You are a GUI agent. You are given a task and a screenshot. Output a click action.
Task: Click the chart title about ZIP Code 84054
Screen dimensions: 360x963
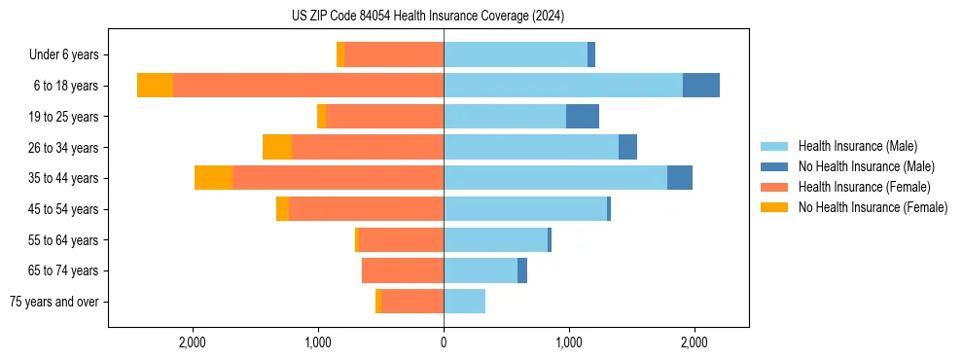click(428, 17)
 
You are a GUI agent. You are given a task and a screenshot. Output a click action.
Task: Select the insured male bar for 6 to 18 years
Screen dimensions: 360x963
click(563, 86)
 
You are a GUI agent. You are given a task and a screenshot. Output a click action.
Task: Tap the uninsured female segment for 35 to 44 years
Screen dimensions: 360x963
click(213, 178)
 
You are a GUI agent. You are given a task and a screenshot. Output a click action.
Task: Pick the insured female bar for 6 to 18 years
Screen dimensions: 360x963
click(308, 86)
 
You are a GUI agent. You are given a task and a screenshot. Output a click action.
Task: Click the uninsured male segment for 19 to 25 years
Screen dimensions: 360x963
click(583, 117)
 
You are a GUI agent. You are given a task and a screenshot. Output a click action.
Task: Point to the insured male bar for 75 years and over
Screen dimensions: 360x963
click(464, 302)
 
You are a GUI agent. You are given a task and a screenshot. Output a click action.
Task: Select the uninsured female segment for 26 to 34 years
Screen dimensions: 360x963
click(277, 147)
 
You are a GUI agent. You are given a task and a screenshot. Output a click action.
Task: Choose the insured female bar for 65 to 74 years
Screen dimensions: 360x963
click(403, 270)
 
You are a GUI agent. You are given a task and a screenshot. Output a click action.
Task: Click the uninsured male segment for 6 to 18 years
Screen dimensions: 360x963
click(701, 86)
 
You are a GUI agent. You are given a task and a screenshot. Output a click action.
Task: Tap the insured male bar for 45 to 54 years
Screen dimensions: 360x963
click(525, 209)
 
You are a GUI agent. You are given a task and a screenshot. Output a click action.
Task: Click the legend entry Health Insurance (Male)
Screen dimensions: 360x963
click(857, 146)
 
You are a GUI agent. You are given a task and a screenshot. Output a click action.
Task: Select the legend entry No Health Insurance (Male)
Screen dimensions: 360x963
click(866, 166)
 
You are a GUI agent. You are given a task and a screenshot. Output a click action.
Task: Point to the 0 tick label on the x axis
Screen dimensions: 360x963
click(444, 342)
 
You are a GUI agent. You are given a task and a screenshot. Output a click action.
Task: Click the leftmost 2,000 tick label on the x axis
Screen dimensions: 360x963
click(193, 342)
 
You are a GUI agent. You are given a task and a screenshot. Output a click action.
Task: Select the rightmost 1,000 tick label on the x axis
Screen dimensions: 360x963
click(569, 342)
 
